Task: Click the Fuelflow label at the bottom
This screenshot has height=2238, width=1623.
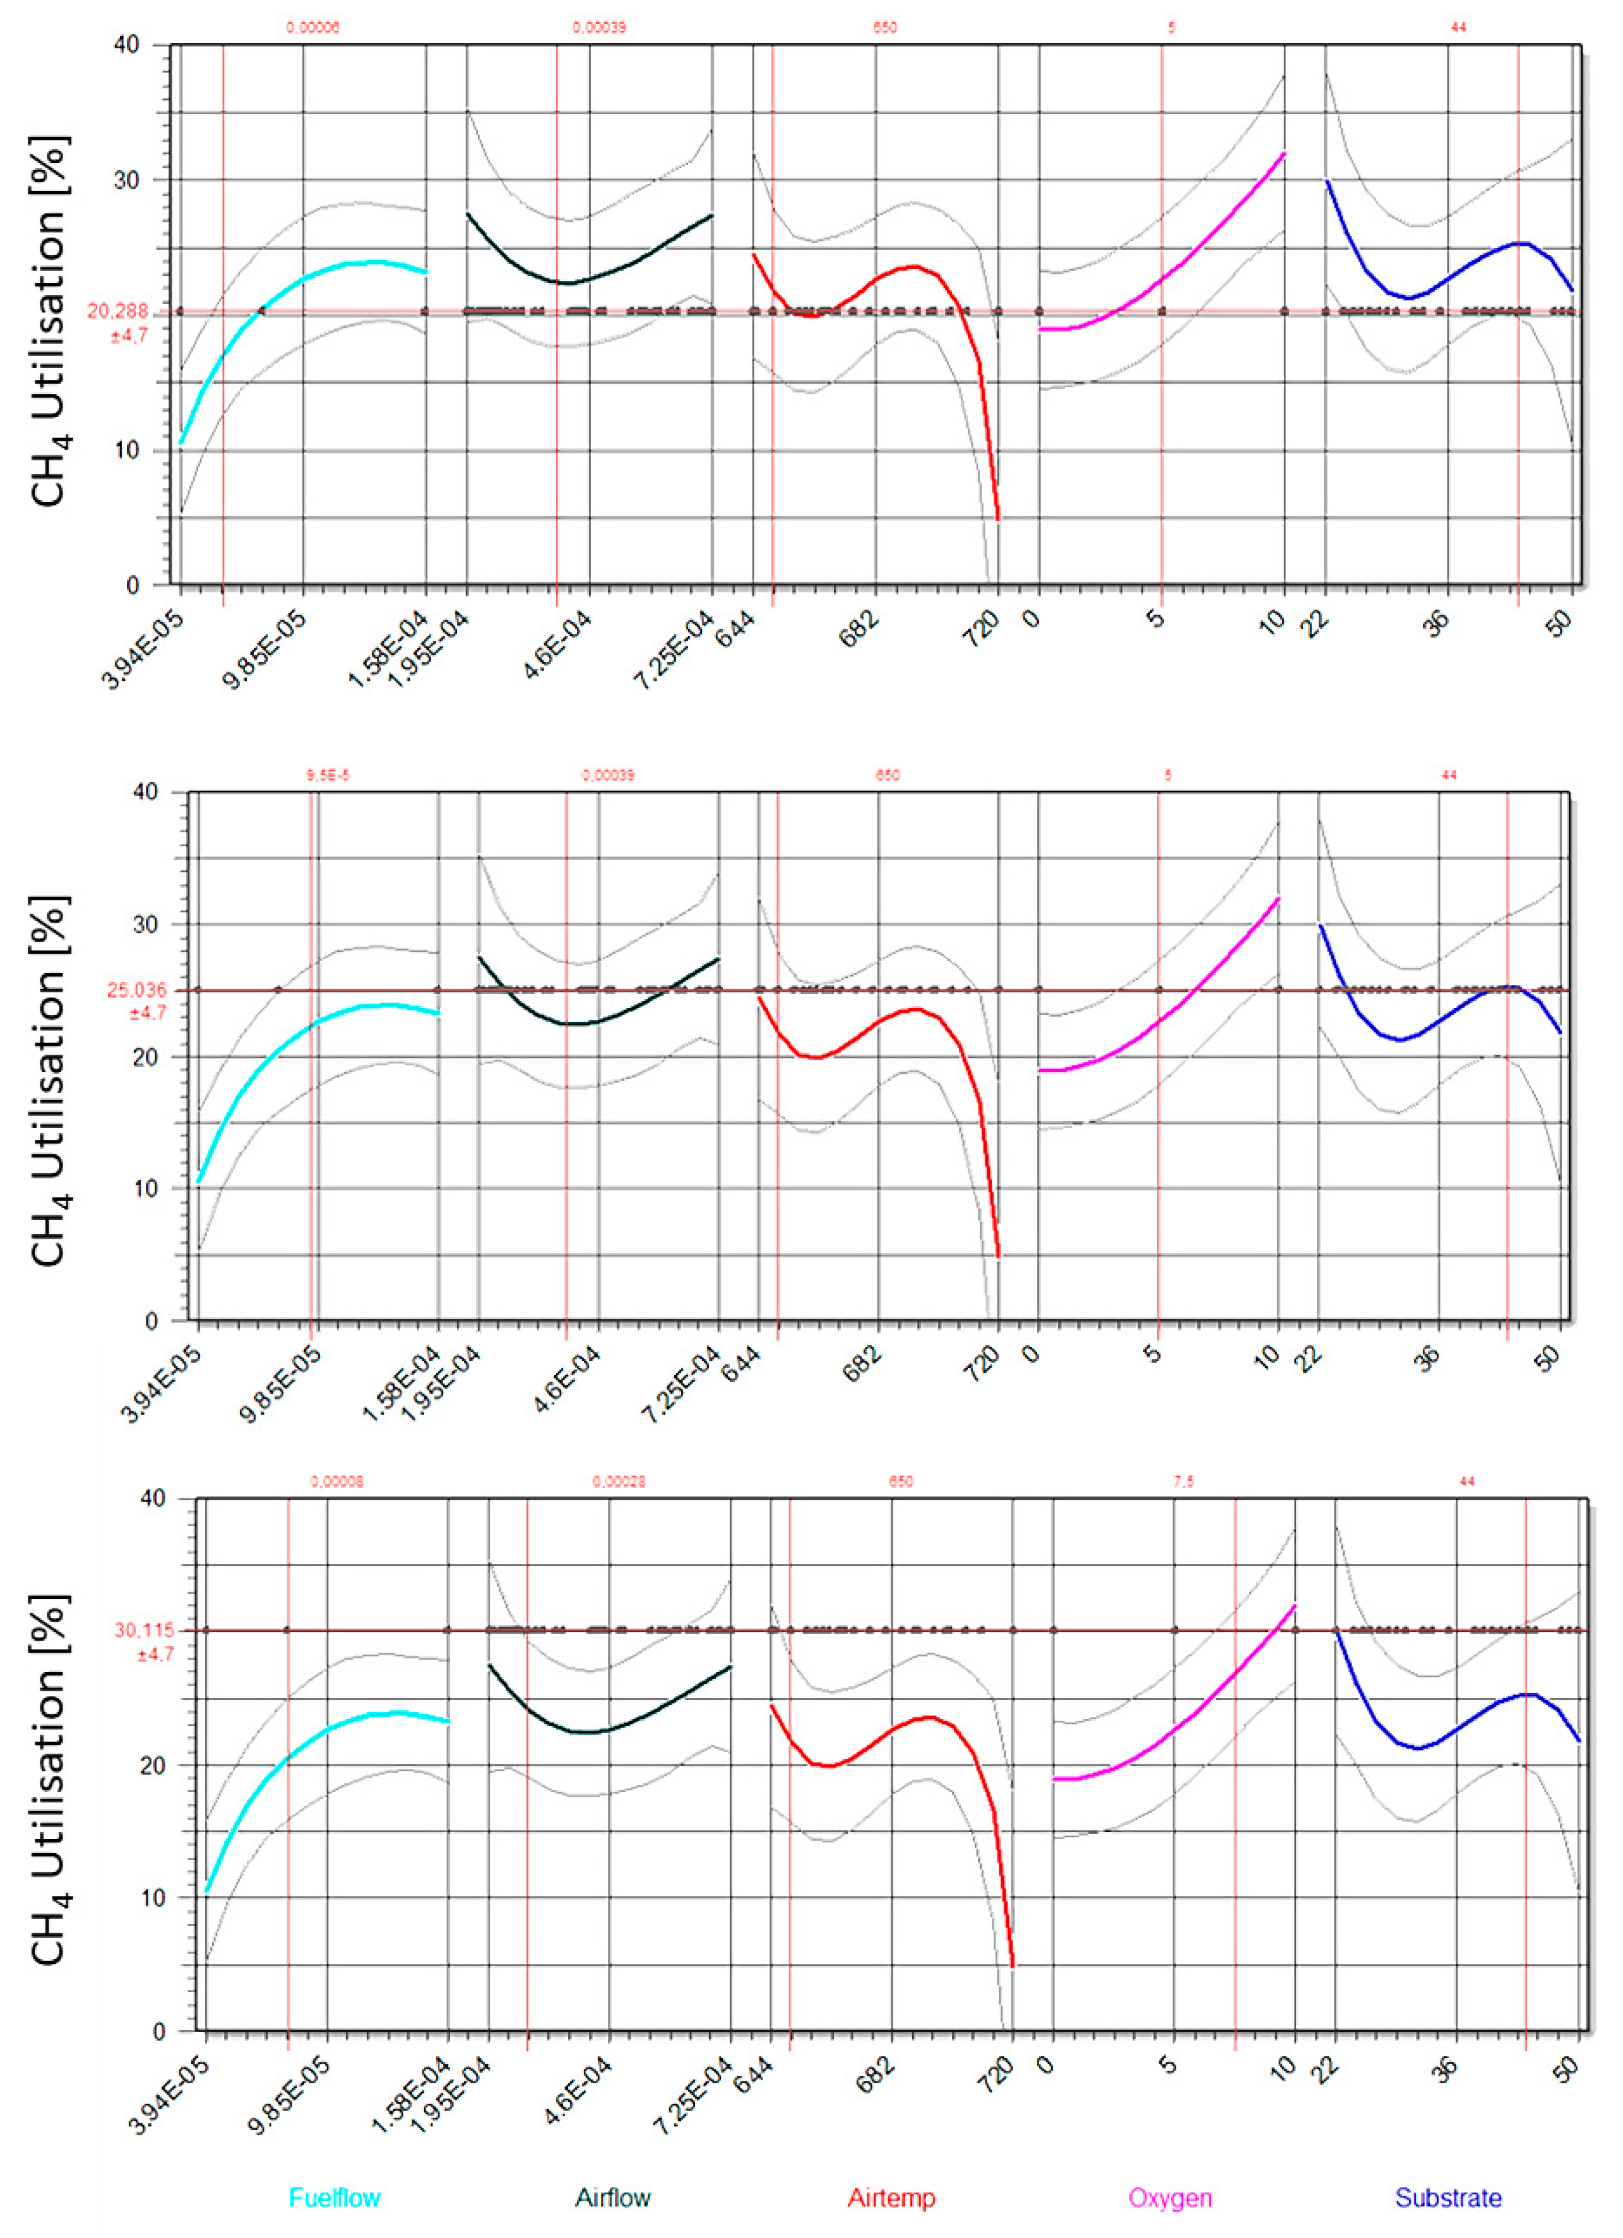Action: pyautogui.click(x=335, y=2198)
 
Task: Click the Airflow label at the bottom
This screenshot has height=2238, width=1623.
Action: pyautogui.click(x=613, y=2198)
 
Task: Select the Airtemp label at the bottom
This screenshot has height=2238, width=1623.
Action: pyautogui.click(x=891, y=2198)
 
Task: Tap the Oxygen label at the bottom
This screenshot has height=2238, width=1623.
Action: pyautogui.click(x=1170, y=2198)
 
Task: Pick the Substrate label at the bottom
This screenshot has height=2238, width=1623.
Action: pyautogui.click(x=1448, y=2198)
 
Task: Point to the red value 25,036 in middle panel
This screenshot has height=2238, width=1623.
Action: pyautogui.click(x=136, y=990)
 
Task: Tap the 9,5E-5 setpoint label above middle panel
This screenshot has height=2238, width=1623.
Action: pyautogui.click(x=328, y=775)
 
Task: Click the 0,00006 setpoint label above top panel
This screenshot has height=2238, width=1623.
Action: pyautogui.click(x=312, y=28)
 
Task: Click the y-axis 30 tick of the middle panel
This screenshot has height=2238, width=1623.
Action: pyautogui.click(x=146, y=925)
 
